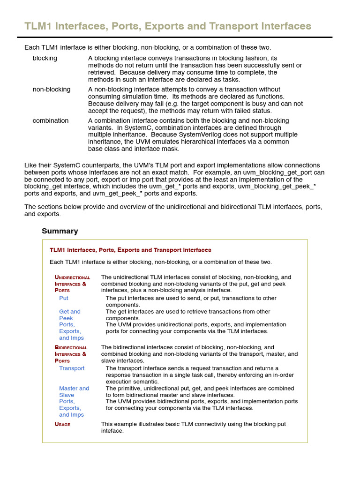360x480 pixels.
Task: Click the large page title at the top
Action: click(x=168, y=26)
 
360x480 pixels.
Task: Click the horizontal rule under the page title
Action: click(x=174, y=37)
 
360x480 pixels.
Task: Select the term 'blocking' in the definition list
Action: click(x=45, y=58)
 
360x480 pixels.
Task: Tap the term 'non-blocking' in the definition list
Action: click(x=52, y=89)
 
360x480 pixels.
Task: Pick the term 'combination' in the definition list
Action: click(x=51, y=120)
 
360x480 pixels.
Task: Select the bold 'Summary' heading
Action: click(x=60, y=231)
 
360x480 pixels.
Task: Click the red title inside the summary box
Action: click(x=130, y=250)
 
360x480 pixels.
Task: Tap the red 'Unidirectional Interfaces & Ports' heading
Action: click(x=72, y=284)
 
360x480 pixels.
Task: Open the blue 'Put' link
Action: click(x=64, y=298)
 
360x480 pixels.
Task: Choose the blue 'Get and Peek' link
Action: click(x=70, y=315)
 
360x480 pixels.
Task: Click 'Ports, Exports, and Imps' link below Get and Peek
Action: click(x=71, y=331)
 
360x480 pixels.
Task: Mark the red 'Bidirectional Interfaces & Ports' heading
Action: click(x=71, y=354)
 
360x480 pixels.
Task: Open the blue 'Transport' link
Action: click(x=72, y=368)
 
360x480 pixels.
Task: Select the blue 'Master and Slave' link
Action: click(x=74, y=391)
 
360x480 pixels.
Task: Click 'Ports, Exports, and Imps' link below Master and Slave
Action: click(x=71, y=408)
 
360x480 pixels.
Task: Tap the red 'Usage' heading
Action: click(x=62, y=424)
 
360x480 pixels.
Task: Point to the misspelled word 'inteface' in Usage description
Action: click(x=112, y=431)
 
